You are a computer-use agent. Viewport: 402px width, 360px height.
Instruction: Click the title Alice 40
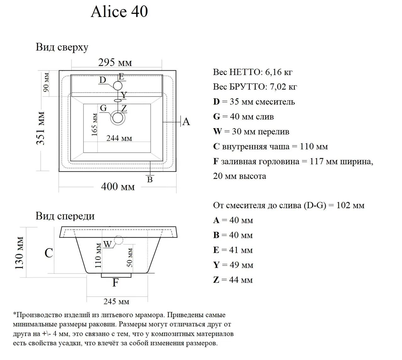coord(119,12)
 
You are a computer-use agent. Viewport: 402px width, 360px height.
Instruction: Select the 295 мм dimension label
coord(115,63)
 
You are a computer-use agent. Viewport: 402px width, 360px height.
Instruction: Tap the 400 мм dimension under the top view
coord(118,187)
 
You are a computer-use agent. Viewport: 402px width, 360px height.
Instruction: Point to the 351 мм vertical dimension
coord(41,128)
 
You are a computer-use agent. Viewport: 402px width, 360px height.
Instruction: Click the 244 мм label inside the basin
coord(119,138)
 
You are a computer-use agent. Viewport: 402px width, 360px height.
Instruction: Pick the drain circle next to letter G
coord(118,118)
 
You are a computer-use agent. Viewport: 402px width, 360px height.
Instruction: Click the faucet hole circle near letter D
coord(118,86)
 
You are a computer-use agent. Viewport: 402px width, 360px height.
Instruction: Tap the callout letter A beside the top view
coord(186,122)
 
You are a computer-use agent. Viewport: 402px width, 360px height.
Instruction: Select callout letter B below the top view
coord(150,179)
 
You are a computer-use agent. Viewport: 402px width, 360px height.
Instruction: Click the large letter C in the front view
coord(49,253)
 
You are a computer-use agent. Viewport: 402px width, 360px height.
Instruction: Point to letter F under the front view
coord(116,283)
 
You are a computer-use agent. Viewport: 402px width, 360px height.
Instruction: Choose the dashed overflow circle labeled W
coord(118,240)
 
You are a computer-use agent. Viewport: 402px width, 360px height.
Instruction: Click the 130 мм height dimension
coord(19,253)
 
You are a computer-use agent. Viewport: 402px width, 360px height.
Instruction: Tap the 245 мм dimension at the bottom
coord(116,302)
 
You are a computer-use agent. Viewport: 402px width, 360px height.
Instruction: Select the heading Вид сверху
coord(62,47)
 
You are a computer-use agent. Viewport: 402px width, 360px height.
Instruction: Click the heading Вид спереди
coord(65,216)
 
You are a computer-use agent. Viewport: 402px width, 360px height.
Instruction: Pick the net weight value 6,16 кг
coord(279,72)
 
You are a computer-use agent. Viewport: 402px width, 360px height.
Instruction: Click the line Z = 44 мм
coord(233,280)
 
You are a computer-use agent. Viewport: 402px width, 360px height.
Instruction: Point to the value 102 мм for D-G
coord(350,205)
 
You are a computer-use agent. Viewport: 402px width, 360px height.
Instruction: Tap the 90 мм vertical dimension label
coord(46,82)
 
